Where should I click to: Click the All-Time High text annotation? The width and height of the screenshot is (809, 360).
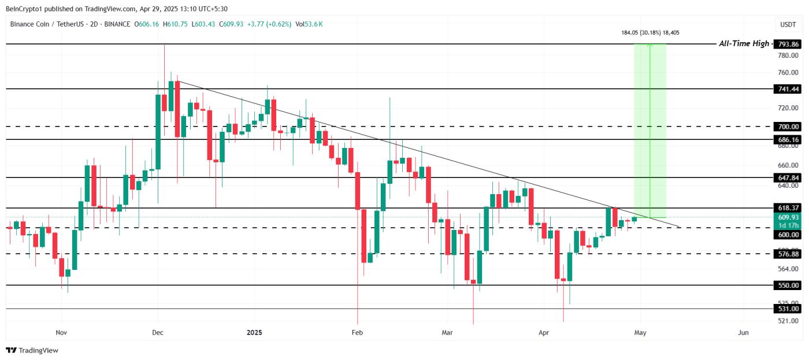click(x=744, y=44)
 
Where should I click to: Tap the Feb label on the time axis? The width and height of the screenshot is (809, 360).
click(x=357, y=333)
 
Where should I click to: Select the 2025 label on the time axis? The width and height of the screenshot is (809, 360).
click(x=254, y=333)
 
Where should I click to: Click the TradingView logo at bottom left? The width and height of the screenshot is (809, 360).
click(x=32, y=350)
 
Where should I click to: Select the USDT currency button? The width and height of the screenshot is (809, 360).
click(x=788, y=24)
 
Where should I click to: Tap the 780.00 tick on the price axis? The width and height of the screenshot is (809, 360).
click(x=788, y=55)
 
